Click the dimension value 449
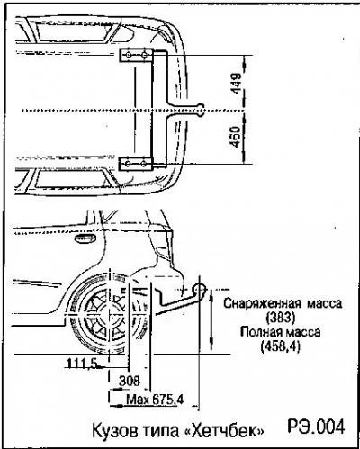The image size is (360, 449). coord(237,83)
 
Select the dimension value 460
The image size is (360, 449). coord(237,137)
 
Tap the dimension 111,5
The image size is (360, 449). coord(82,364)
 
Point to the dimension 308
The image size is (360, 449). coord(130,381)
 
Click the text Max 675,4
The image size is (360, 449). coord(155,400)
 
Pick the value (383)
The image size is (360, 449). coord(281,318)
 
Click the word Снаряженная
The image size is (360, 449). coord(262,303)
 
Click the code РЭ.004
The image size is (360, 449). coord(316,427)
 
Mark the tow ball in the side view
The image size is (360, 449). coord(200,290)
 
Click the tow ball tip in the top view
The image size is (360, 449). coord(201,110)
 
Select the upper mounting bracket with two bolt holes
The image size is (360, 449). coord(137,55)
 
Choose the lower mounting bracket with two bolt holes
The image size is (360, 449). coord(136,164)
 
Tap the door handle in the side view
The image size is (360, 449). coord(85,238)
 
